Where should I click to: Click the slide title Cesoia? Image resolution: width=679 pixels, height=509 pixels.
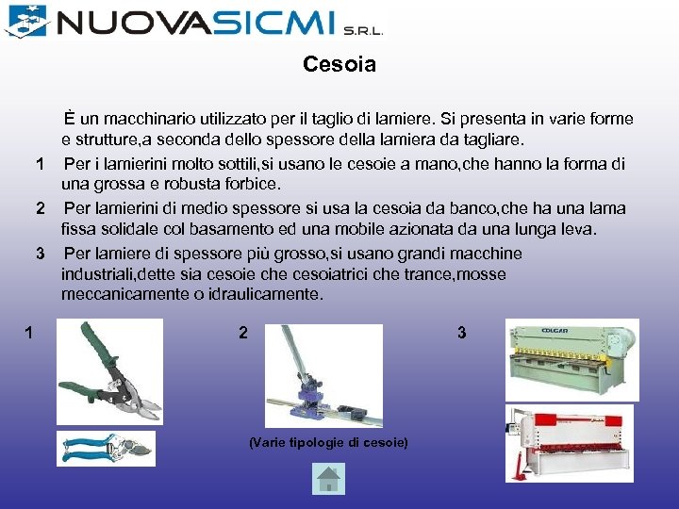(x=339, y=65)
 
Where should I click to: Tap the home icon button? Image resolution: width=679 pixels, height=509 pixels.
(x=328, y=481)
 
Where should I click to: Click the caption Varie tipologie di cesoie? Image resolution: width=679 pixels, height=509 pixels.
(x=328, y=442)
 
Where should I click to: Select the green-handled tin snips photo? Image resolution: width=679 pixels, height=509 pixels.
(x=109, y=370)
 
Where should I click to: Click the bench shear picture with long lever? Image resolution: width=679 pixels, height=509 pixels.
(x=323, y=376)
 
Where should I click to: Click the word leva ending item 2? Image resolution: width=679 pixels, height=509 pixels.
(x=578, y=229)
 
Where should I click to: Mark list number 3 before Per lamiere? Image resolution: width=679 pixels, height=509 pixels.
(x=40, y=253)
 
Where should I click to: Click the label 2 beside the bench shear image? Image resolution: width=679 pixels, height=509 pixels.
(x=243, y=333)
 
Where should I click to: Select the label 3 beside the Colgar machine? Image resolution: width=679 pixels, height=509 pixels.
(x=461, y=332)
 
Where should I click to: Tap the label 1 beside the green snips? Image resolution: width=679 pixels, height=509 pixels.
(x=30, y=332)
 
